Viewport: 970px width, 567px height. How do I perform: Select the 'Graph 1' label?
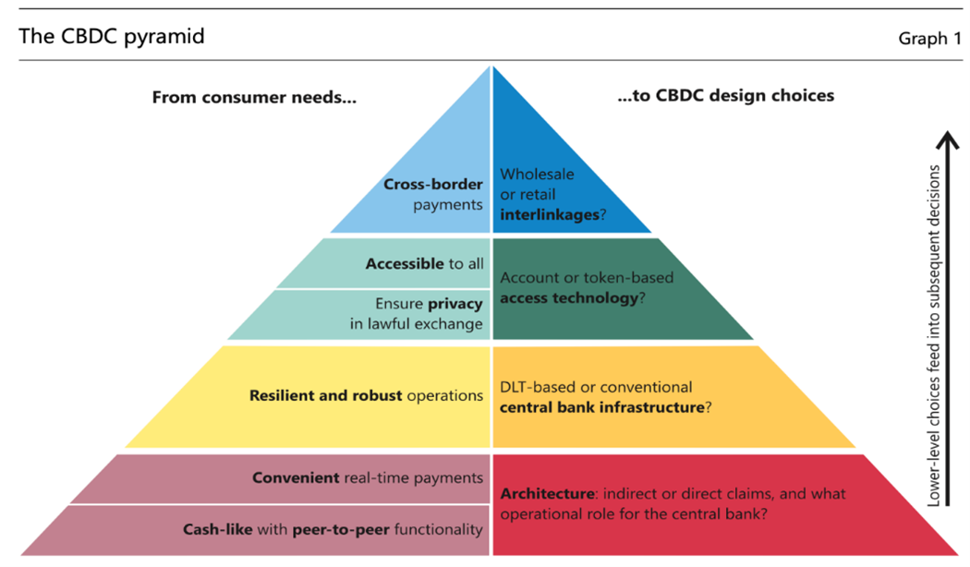point(929,38)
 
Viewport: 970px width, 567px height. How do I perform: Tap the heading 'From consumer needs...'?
point(254,96)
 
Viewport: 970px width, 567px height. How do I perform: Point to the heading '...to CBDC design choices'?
point(725,95)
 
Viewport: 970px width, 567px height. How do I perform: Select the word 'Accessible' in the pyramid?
point(405,263)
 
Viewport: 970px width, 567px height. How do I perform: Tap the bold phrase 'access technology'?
point(568,298)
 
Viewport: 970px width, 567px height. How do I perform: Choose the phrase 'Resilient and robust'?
point(326,395)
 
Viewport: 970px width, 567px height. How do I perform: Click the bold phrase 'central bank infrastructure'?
point(601,407)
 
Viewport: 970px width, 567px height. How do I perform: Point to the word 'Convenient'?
point(296,477)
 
